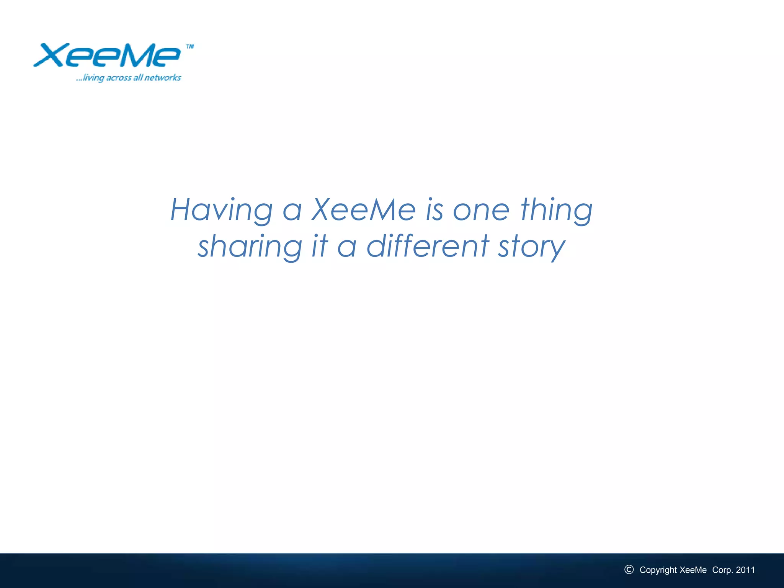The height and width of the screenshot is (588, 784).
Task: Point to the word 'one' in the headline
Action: pyautogui.click(x=481, y=211)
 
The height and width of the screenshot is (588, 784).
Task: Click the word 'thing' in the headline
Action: pyautogui.click(x=556, y=211)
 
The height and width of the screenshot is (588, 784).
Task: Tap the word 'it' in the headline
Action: pyautogui.click(x=320, y=246)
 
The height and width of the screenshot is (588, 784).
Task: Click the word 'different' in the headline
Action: pyautogui.click(x=428, y=246)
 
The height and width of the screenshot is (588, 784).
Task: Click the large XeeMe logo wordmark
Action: pyautogui.click(x=107, y=56)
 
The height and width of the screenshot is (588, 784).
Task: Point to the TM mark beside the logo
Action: pyautogui.click(x=190, y=47)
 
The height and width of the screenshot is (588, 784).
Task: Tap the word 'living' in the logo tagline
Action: pyautogui.click(x=93, y=78)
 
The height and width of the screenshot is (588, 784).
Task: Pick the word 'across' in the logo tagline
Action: pyautogui.click(x=119, y=78)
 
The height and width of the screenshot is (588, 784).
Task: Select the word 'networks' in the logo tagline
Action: pyautogui.click(x=163, y=78)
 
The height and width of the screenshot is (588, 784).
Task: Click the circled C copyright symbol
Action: pyautogui.click(x=629, y=570)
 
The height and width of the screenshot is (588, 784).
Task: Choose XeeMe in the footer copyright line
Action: pyautogui.click(x=693, y=570)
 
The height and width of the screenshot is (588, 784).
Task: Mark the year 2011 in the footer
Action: pyautogui.click(x=745, y=570)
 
